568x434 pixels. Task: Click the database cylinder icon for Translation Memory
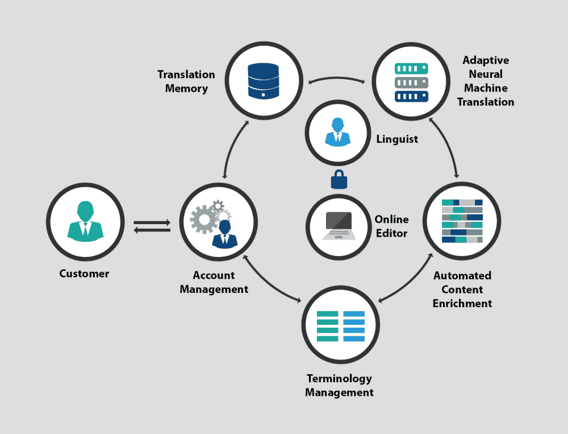[264, 80]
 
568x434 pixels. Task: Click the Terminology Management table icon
[340, 326]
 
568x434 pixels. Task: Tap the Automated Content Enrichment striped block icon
[462, 221]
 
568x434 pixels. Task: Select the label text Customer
[84, 274]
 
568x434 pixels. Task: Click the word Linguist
[397, 139]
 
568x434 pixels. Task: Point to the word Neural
[486, 74]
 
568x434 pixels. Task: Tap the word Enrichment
[462, 303]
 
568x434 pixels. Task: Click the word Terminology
[339, 378]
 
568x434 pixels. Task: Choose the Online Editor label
[391, 226]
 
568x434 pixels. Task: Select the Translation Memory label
[186, 81]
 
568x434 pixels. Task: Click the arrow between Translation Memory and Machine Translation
[337, 80]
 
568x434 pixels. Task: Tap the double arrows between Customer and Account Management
[152, 226]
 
